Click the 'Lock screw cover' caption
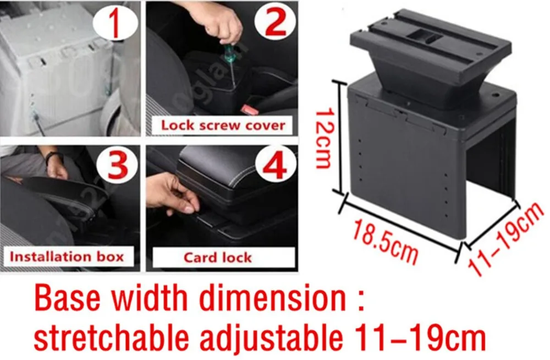tap(223, 125)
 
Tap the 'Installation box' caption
tap(67, 257)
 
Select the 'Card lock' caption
tap(218, 258)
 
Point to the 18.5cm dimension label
tap(385, 239)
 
